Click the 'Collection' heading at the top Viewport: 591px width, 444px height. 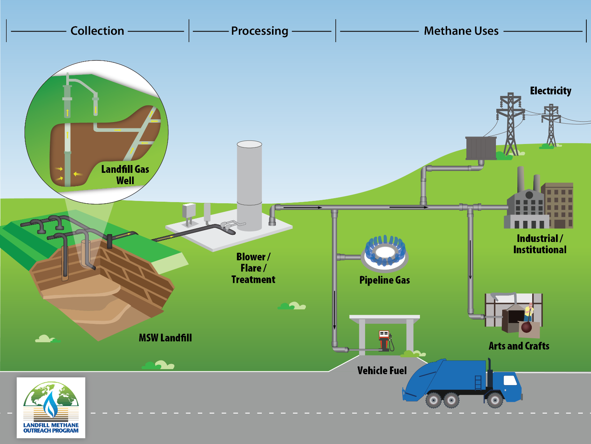click(97, 31)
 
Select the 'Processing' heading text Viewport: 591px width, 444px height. click(259, 31)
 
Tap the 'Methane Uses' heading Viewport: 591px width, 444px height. click(461, 31)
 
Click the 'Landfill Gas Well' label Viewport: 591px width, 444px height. click(125, 175)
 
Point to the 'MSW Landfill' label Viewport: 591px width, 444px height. click(165, 338)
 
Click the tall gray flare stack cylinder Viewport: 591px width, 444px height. click(249, 183)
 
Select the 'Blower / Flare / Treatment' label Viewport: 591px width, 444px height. click(253, 268)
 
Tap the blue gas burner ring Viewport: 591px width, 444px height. click(385, 252)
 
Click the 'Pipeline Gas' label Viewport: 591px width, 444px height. click(385, 280)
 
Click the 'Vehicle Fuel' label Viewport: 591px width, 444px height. click(382, 371)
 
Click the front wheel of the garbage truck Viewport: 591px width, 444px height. click(495, 400)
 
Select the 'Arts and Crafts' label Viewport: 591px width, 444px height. click(519, 346)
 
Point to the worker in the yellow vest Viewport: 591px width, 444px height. click(529, 313)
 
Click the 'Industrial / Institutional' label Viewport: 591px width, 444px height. click(540, 244)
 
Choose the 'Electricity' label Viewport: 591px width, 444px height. click(550, 91)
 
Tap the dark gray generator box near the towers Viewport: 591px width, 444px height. click(481, 148)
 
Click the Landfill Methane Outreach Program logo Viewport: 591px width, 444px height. click(51, 408)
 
